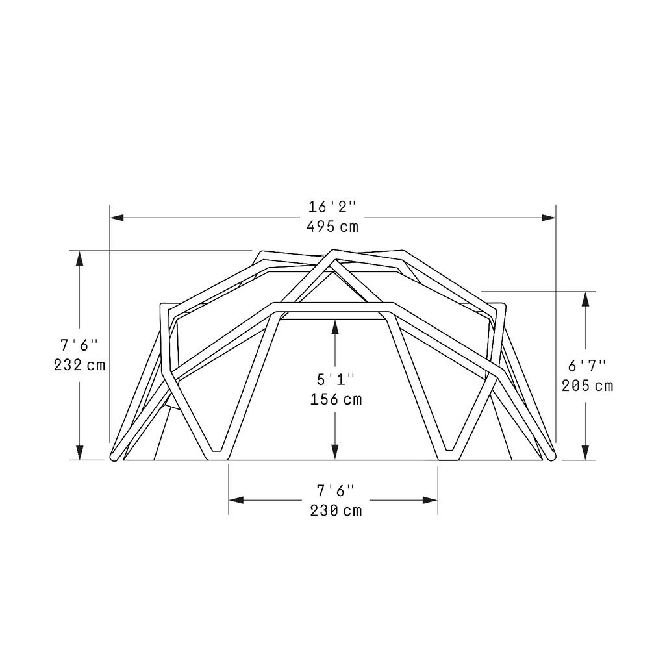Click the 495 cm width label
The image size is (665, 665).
pyautogui.click(x=332, y=227)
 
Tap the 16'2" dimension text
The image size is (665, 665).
pyautogui.click(x=332, y=207)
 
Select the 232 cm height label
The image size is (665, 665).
pyautogui.click(x=79, y=365)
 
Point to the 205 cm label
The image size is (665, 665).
pyautogui.click(x=587, y=386)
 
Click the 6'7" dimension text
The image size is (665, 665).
pyautogui.click(x=587, y=365)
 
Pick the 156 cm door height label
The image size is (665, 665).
pyautogui.click(x=335, y=399)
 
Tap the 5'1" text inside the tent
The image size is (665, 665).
pyautogui.click(x=335, y=379)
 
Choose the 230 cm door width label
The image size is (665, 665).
pyautogui.click(x=335, y=510)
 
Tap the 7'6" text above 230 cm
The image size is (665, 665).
pyautogui.click(x=335, y=490)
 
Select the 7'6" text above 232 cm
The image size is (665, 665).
pyautogui.click(x=79, y=344)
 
